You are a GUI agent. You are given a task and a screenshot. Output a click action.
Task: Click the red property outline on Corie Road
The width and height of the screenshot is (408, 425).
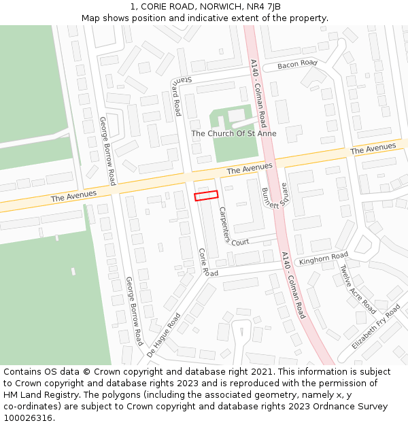pyautogui.click(x=206, y=196)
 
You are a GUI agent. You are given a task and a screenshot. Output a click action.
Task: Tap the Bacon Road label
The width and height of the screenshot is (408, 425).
pyautogui.click(x=297, y=65)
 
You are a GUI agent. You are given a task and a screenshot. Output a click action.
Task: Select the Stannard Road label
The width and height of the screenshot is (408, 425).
pyautogui.click(x=176, y=95)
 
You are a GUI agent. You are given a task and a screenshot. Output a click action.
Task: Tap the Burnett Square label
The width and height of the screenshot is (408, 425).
pyautogui.click(x=275, y=198)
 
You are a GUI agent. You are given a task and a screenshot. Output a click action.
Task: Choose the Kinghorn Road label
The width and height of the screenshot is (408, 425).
pyautogui.click(x=323, y=258)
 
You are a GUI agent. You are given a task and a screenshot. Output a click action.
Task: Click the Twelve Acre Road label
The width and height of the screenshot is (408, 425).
pyautogui.click(x=358, y=289)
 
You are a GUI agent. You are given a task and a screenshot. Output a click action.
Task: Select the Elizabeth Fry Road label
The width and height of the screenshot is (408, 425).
pyautogui.click(x=376, y=327)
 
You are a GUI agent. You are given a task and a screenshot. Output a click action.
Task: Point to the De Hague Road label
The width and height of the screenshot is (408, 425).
pyautogui.click(x=164, y=335)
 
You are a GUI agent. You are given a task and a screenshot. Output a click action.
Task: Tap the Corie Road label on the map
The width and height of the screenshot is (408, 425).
pyautogui.click(x=203, y=261)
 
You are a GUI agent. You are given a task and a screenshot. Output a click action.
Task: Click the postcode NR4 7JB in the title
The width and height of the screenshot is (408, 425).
pyautogui.click(x=265, y=7)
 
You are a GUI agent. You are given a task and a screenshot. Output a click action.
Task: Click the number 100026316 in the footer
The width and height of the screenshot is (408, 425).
pyautogui.click(x=29, y=418)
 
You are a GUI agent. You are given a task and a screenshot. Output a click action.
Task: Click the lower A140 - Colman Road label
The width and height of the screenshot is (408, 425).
pyautogui.click(x=293, y=285)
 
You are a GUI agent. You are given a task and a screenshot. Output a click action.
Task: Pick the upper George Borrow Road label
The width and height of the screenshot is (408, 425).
pyautogui.click(x=107, y=151)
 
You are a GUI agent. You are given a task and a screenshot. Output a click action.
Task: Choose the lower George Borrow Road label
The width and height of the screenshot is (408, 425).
pyautogui.click(x=134, y=310)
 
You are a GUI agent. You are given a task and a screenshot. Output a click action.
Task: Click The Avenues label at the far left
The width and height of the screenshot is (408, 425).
pyautogui.click(x=73, y=196)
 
